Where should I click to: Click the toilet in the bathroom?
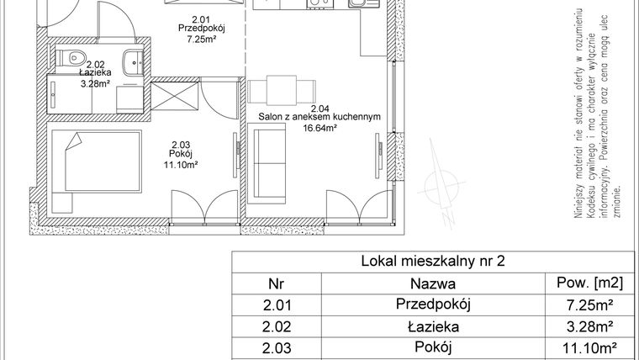(75, 59)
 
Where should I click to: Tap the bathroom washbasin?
(133, 61)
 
